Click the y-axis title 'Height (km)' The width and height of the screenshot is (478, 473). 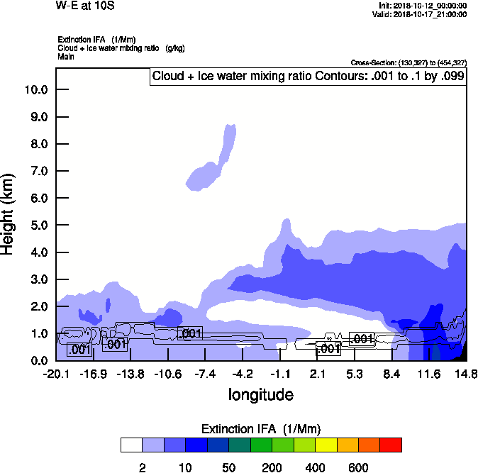pos(9,213)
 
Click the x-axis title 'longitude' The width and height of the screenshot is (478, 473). pos(260,394)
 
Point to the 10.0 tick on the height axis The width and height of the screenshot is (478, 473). pos(35,90)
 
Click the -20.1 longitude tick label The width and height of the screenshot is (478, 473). pos(56,374)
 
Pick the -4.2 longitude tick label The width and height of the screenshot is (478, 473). pos(243,374)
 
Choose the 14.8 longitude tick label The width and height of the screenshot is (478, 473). pos(466,374)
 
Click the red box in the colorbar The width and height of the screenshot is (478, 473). pos(391,445)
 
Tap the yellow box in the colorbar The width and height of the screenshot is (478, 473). pos(326,445)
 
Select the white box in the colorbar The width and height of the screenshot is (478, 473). pos(131,445)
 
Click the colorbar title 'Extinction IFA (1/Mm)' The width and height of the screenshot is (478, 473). pos(261,429)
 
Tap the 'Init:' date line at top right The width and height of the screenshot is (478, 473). pos(423,6)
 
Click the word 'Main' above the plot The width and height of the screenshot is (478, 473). pos(66,55)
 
